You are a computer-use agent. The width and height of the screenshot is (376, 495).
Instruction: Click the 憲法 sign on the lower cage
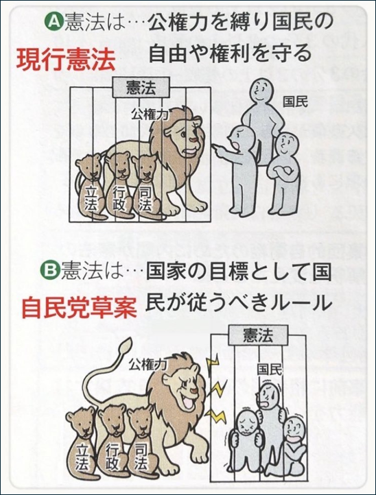tap(257, 336)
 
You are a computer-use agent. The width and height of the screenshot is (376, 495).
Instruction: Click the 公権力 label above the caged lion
tap(150, 114)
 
